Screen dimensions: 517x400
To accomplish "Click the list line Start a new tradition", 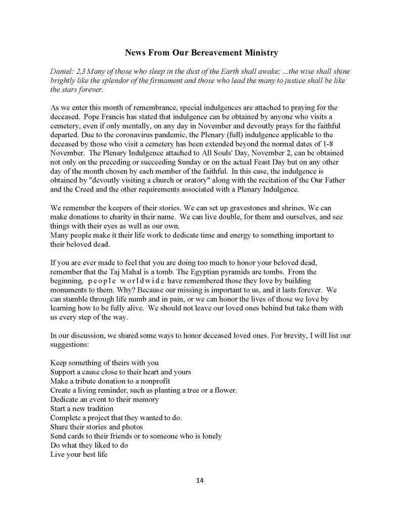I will pyautogui.click(x=82, y=408).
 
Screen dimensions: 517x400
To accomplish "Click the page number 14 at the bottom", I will pyautogui.click(x=200, y=480).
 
